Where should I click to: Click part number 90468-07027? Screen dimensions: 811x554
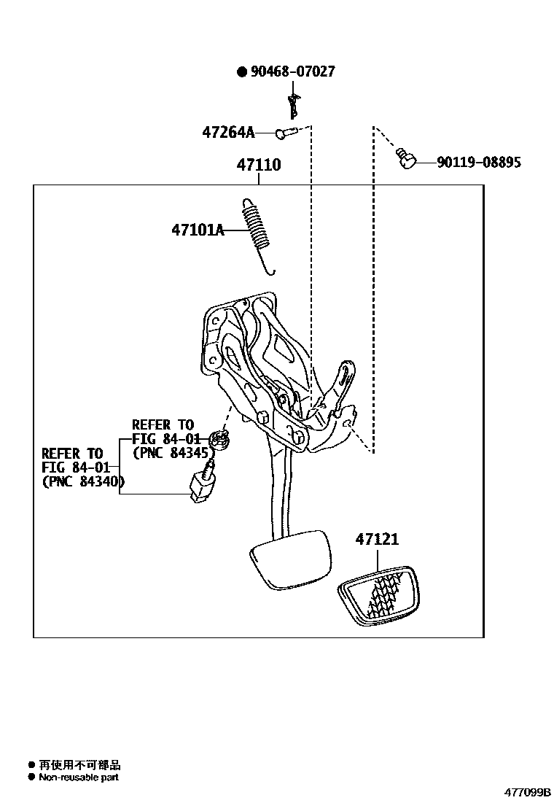pos(292,71)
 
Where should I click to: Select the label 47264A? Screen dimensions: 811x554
pos(228,133)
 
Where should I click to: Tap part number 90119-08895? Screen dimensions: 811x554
pos(479,163)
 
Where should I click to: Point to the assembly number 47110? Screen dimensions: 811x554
pos(258,166)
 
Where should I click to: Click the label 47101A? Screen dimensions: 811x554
pos(198,230)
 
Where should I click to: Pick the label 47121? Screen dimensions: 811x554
pos(377,540)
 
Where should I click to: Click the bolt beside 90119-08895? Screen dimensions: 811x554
pos(405,158)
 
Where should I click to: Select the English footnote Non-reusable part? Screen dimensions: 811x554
pos(79,777)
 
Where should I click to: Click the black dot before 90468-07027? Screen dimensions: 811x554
pos(241,71)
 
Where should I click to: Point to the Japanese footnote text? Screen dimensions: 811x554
pos(79,765)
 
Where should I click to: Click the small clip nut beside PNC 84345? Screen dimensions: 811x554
pos(219,440)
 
